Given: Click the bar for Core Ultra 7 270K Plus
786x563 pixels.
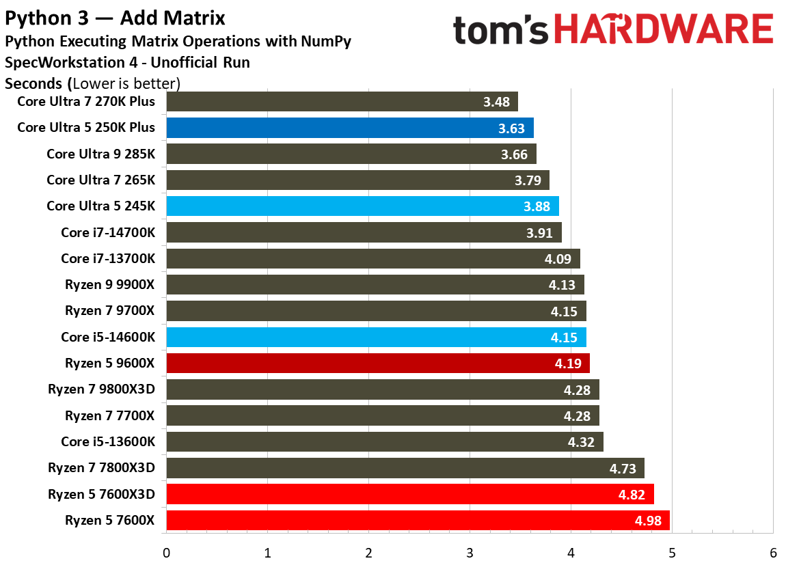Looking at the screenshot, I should coord(342,102).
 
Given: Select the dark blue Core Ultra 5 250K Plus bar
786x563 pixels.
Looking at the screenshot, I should coord(349,128).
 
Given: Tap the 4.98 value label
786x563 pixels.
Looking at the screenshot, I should coord(648,521).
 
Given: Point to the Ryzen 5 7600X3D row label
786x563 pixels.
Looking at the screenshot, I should coord(101,494).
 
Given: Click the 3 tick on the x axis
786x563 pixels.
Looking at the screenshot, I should coord(470,552).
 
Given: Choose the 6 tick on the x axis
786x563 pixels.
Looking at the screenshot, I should coord(773,552).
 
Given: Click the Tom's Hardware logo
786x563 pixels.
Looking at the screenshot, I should coord(612,30).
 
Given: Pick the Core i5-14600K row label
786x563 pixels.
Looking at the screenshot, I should coord(108,337).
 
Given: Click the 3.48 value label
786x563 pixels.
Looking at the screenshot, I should coord(496,102).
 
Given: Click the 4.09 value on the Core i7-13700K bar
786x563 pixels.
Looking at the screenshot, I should coord(558,260).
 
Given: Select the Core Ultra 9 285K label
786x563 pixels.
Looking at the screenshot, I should coord(100,154).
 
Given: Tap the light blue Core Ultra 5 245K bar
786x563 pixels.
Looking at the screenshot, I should coord(362,206).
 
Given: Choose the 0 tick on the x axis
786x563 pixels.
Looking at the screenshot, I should coord(166,552).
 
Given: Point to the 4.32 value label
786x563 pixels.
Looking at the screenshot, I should coord(582,442).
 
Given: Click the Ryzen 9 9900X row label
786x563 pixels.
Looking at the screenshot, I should coord(109,285).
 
